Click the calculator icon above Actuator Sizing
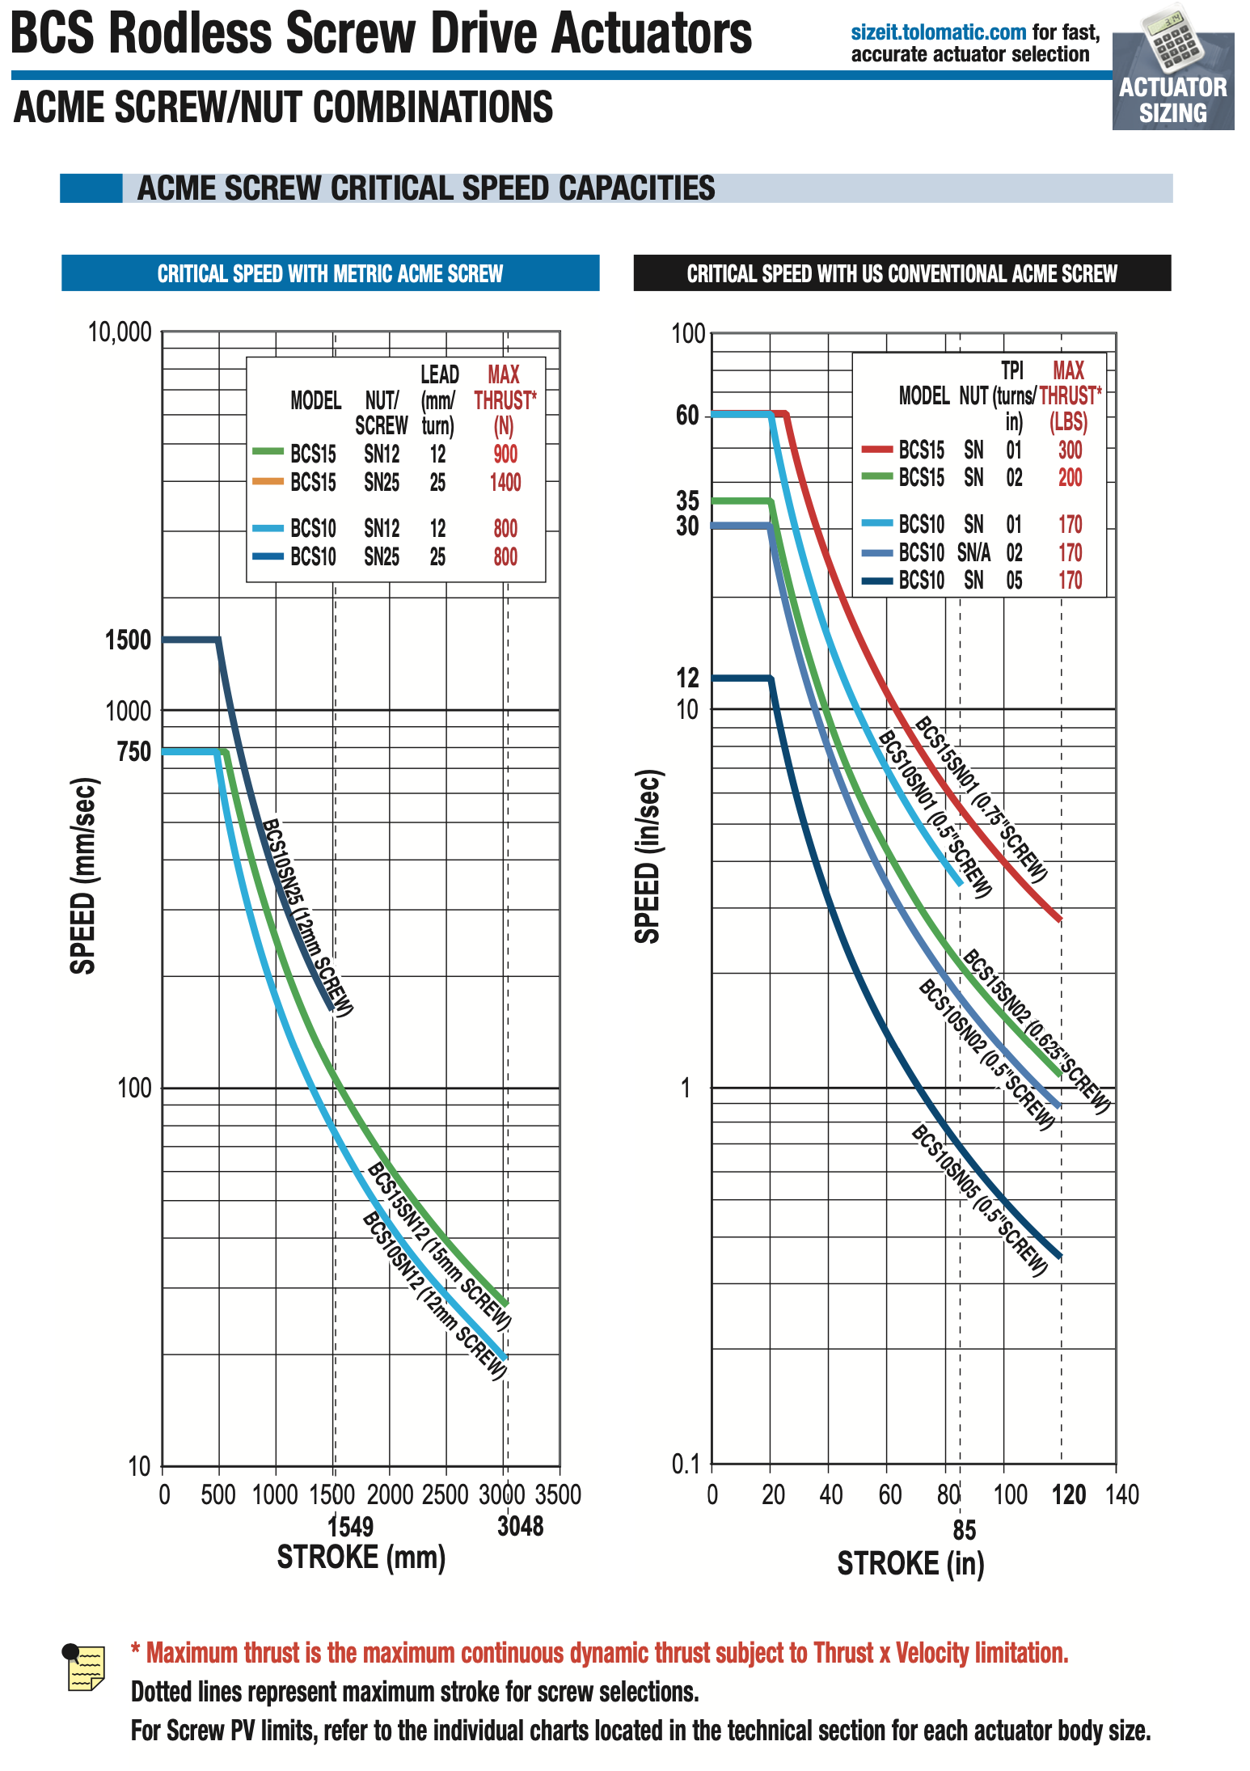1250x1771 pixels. pos(1173,38)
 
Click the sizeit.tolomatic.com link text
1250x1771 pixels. pos(938,32)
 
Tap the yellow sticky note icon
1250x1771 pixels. pos(85,1667)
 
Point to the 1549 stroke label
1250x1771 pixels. pos(351,1527)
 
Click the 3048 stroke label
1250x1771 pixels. pos(520,1527)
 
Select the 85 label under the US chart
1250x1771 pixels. pos(964,1530)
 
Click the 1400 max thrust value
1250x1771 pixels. pos(505,483)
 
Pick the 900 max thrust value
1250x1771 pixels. pos(505,454)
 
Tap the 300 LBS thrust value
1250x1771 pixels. pos(1070,450)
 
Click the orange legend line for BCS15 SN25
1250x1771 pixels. pos(268,482)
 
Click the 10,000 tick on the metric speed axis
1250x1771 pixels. pos(120,332)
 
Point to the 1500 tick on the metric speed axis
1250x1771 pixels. pos(129,640)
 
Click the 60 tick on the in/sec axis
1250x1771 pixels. pos(687,416)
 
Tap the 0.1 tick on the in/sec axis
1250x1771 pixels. pos(686,1464)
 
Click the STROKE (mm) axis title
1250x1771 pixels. pos(361,1558)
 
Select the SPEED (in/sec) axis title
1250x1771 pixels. pos(648,857)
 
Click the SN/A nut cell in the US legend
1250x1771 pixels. pos(973,553)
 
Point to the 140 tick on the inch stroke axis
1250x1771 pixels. pos(1122,1494)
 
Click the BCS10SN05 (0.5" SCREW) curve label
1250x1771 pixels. pos(979,1201)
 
